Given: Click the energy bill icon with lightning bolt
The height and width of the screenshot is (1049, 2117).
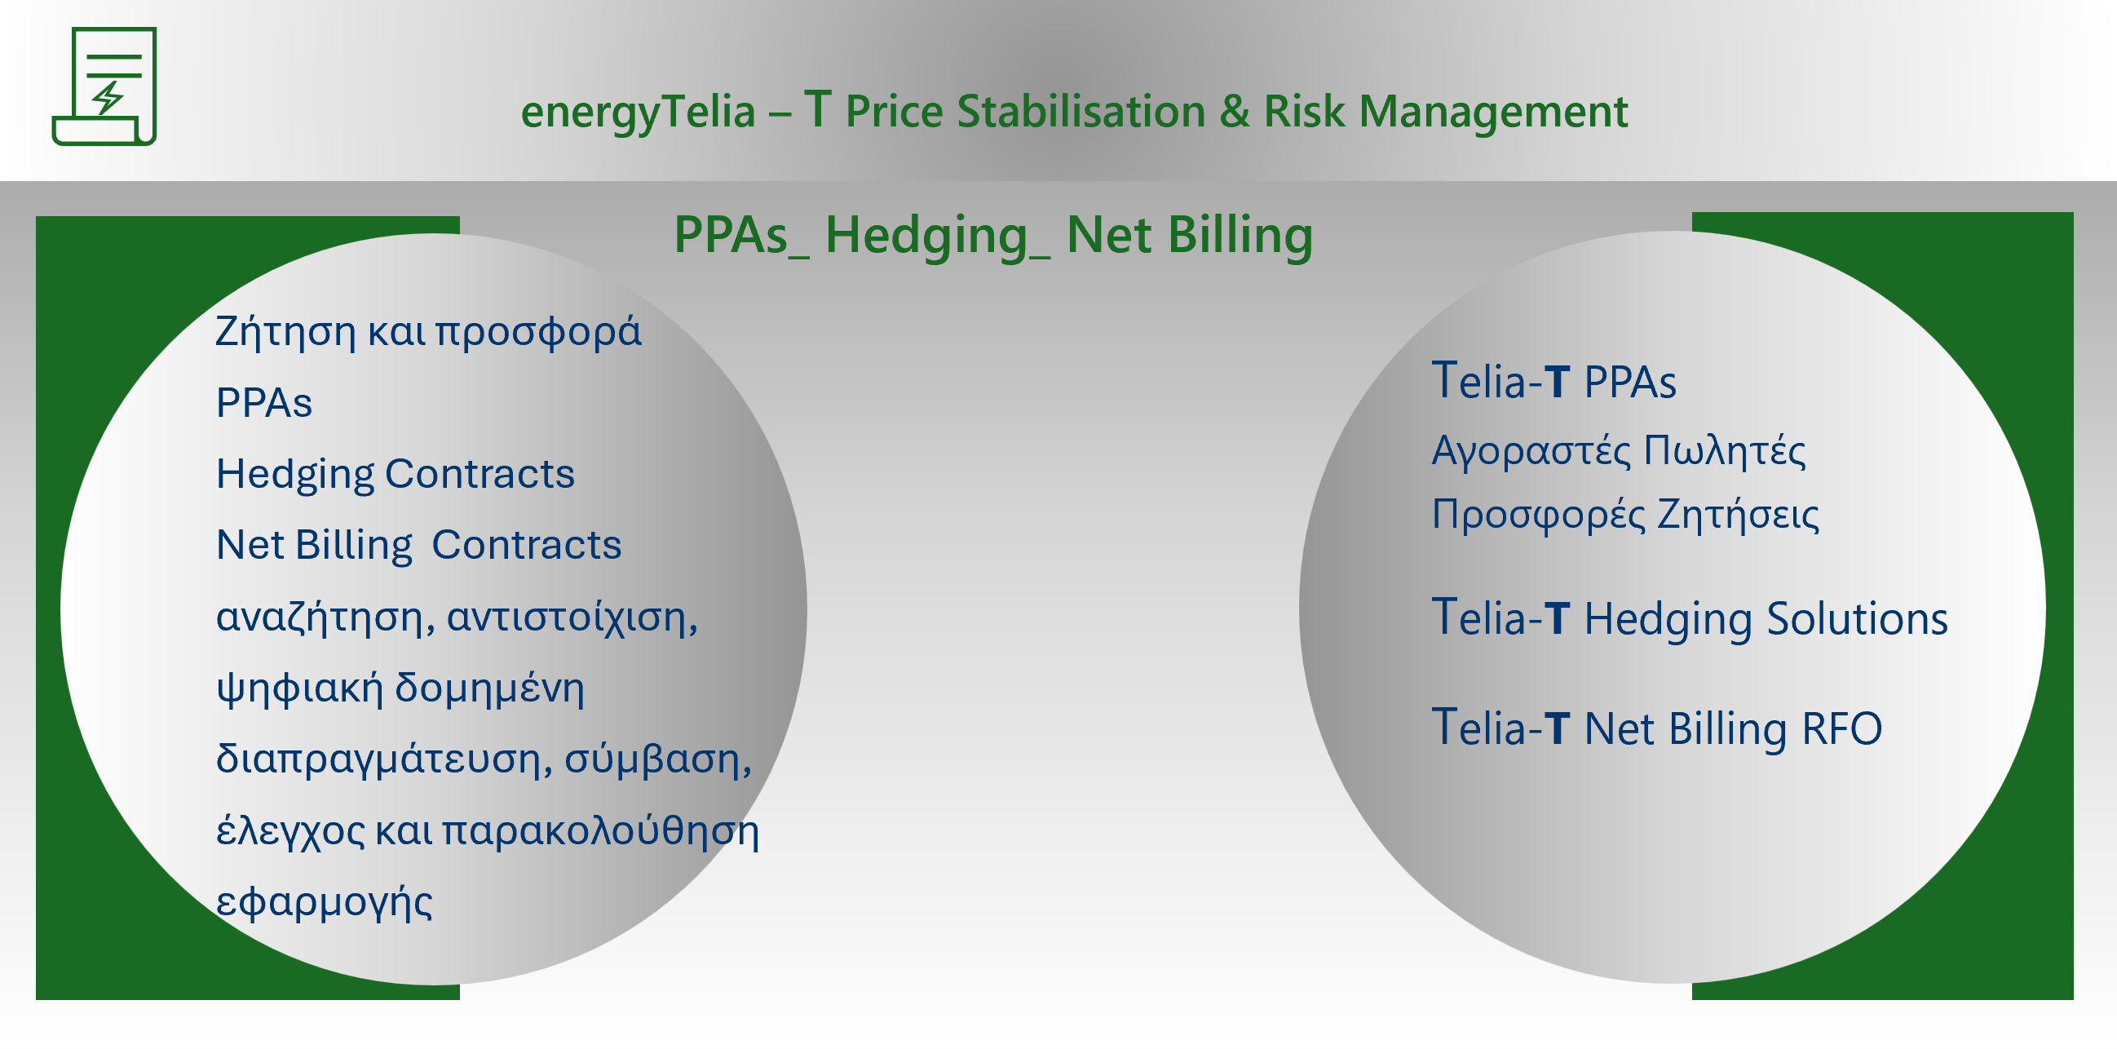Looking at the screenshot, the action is [104, 86].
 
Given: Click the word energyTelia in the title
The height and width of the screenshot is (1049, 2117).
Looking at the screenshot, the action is [638, 113].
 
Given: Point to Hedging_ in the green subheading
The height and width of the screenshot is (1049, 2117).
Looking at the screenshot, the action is [938, 236].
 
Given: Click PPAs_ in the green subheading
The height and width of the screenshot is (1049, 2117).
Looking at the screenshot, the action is [741, 236].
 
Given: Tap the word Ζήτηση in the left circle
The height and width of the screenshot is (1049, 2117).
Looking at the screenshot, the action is [286, 333].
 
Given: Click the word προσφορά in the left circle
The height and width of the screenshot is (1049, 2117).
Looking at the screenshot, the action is [537, 333].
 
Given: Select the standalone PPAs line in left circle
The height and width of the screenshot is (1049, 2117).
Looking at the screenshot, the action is [263, 403].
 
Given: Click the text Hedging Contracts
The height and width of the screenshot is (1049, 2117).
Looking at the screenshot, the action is [396, 476].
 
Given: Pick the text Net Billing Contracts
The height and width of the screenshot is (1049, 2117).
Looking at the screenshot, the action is [418, 546].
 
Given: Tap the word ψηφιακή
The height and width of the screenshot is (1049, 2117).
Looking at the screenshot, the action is [299, 689].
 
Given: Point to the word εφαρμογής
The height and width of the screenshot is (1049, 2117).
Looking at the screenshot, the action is [324, 903].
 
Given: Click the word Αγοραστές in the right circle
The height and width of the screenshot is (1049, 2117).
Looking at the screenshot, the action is [1531, 452].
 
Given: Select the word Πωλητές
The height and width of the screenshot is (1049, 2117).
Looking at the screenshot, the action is [1724, 450].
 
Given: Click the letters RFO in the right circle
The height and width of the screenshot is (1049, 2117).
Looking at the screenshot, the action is [1841, 729].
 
